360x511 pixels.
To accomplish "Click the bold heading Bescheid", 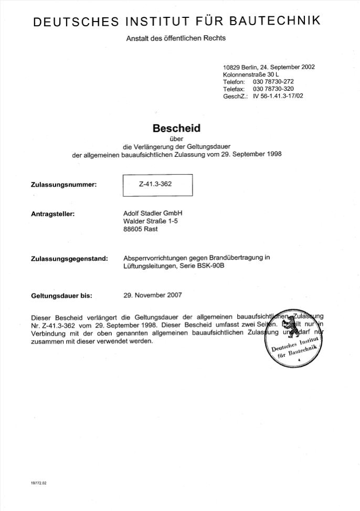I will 176,128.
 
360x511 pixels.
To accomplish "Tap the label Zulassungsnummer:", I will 65,185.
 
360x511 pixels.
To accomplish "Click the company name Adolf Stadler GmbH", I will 152,213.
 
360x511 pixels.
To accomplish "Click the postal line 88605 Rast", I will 140,229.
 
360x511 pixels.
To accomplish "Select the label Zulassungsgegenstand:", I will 70,259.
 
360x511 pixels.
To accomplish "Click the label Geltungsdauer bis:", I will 61,295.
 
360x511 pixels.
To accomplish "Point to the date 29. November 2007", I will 153,295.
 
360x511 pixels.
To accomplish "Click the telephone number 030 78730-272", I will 273,82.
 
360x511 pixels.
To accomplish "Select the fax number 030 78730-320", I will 273,89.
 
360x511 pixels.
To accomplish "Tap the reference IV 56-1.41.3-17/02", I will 278,97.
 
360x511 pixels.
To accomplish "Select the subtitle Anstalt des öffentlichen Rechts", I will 176,38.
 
